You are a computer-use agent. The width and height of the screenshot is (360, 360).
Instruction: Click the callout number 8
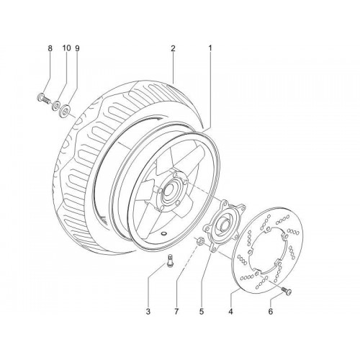coord(50,48)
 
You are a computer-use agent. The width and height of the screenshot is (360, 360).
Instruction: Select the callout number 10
coord(67,48)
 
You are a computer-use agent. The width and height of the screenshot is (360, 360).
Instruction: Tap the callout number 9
coord(77,48)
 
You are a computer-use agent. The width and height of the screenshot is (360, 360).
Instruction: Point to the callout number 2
coord(173,48)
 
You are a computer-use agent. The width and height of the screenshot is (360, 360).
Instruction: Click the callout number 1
coord(210,48)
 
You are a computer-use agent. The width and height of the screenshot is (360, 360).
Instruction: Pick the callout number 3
coord(148,312)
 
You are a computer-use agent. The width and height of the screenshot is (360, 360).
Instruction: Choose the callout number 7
coord(176,312)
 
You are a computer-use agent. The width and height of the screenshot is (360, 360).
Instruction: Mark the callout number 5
coord(202,312)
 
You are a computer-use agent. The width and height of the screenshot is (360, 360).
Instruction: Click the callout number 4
coord(230,312)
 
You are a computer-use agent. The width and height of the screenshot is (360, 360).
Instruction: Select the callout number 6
coord(271,312)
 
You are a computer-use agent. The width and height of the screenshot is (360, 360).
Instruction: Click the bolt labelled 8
coord(44,99)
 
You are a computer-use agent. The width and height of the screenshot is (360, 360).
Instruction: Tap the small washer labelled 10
coord(57,105)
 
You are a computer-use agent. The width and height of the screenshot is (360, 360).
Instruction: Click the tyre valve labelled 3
coord(170,261)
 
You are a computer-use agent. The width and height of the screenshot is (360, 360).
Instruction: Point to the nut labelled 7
coord(199,241)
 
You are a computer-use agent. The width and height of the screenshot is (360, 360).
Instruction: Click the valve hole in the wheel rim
coord(164,233)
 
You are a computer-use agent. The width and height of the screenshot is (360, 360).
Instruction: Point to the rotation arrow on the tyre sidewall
coord(149,118)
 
